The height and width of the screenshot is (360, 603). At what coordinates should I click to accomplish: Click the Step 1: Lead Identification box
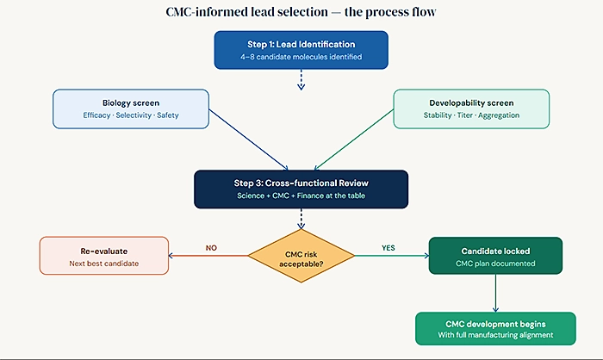coord(301,49)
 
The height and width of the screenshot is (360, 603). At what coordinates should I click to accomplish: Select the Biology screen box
coord(130,109)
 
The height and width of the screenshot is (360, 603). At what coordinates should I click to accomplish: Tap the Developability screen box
coord(472,109)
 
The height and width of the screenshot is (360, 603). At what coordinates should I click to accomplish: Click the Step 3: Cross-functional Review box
coord(301,189)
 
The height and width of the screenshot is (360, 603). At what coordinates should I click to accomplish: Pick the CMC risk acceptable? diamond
coord(301,256)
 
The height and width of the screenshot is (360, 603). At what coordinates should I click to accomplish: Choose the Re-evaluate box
coord(103,257)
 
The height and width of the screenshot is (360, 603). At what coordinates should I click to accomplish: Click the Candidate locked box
coord(495,256)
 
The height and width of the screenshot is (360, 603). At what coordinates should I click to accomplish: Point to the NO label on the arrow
coord(210,248)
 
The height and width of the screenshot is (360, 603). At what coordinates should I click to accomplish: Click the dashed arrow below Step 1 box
coord(301,79)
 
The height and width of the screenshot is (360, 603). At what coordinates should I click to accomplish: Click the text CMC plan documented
coord(495,264)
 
